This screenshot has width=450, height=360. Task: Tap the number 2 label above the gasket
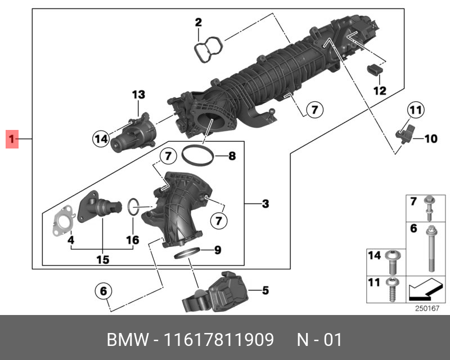click(x=198, y=23)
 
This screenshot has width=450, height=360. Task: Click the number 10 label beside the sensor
click(x=430, y=138)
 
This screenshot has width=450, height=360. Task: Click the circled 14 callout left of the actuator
click(x=101, y=137)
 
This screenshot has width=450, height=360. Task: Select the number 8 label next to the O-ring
click(x=231, y=156)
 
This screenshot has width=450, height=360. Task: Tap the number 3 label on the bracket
click(x=265, y=204)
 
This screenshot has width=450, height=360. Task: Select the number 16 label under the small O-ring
click(x=132, y=240)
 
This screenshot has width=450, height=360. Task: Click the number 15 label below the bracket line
click(x=102, y=259)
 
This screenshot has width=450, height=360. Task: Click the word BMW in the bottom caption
click(x=126, y=340)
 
